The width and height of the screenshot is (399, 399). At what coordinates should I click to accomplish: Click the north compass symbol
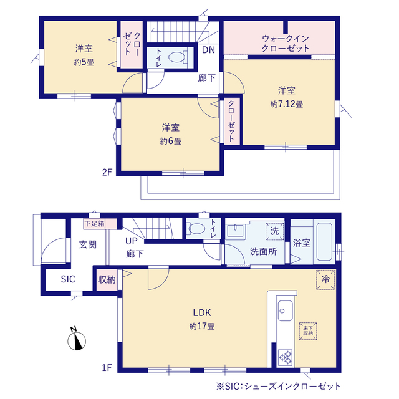point(76,339)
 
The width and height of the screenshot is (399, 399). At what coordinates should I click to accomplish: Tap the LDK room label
point(202,312)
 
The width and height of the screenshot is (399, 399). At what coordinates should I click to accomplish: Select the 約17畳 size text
point(202,326)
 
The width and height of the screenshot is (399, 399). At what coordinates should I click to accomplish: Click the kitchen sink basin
point(285,310)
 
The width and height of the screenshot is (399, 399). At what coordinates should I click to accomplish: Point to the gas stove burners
point(286,357)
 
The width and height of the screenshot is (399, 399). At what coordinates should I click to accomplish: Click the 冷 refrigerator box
point(325,279)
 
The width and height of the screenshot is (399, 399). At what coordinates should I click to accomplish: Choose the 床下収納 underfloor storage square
point(308,331)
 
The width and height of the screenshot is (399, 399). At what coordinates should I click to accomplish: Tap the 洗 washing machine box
point(274,231)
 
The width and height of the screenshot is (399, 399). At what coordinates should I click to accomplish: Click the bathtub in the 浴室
point(324,241)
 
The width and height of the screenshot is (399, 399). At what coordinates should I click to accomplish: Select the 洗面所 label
point(263,251)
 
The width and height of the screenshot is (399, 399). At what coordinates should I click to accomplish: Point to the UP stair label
point(132,241)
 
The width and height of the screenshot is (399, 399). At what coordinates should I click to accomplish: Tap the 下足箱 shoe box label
point(94,224)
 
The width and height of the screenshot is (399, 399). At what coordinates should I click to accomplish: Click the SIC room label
point(68,279)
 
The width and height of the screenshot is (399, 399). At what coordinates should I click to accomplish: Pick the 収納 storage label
point(107,280)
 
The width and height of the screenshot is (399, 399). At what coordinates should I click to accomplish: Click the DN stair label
point(208,50)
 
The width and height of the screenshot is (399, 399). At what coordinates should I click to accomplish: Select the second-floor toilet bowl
point(177,57)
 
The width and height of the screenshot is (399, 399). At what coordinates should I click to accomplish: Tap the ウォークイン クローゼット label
point(286,44)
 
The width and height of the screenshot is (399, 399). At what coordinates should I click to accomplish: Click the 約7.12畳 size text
point(287,104)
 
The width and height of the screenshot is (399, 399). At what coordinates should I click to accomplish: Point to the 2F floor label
point(107,172)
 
